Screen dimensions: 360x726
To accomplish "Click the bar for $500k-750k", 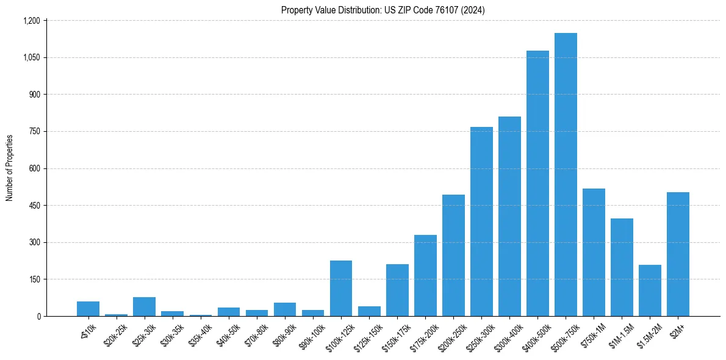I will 566,175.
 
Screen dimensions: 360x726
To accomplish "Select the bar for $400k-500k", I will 537,183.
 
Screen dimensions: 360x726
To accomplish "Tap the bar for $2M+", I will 678,254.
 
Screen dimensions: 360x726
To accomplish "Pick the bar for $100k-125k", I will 341,288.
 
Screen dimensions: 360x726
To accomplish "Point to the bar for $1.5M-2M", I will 650,290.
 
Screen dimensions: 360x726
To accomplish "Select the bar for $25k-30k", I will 144,306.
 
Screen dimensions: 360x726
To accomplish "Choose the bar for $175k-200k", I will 425,275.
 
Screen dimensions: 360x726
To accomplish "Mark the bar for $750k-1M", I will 594,252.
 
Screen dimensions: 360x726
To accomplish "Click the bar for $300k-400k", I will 509,216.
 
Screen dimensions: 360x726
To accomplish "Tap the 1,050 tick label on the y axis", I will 32,58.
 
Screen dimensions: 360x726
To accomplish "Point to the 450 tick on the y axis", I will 34,206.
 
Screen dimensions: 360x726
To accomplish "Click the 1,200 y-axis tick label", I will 32,21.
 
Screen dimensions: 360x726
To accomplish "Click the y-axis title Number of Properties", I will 10,168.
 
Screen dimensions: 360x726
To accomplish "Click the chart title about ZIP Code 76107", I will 383,10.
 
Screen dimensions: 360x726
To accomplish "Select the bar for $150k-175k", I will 397,290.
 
